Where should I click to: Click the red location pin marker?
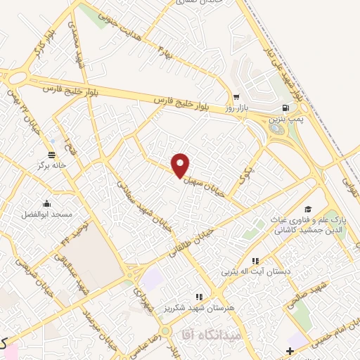pyautogui.click(x=181, y=165)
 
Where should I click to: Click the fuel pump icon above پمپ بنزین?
pyautogui.click(x=285, y=108)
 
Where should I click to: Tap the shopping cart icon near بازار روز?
pyautogui.click(x=236, y=98)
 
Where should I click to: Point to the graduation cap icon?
pyautogui.click(x=307, y=210)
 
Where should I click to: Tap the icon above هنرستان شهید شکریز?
pyautogui.click(x=199, y=297)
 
